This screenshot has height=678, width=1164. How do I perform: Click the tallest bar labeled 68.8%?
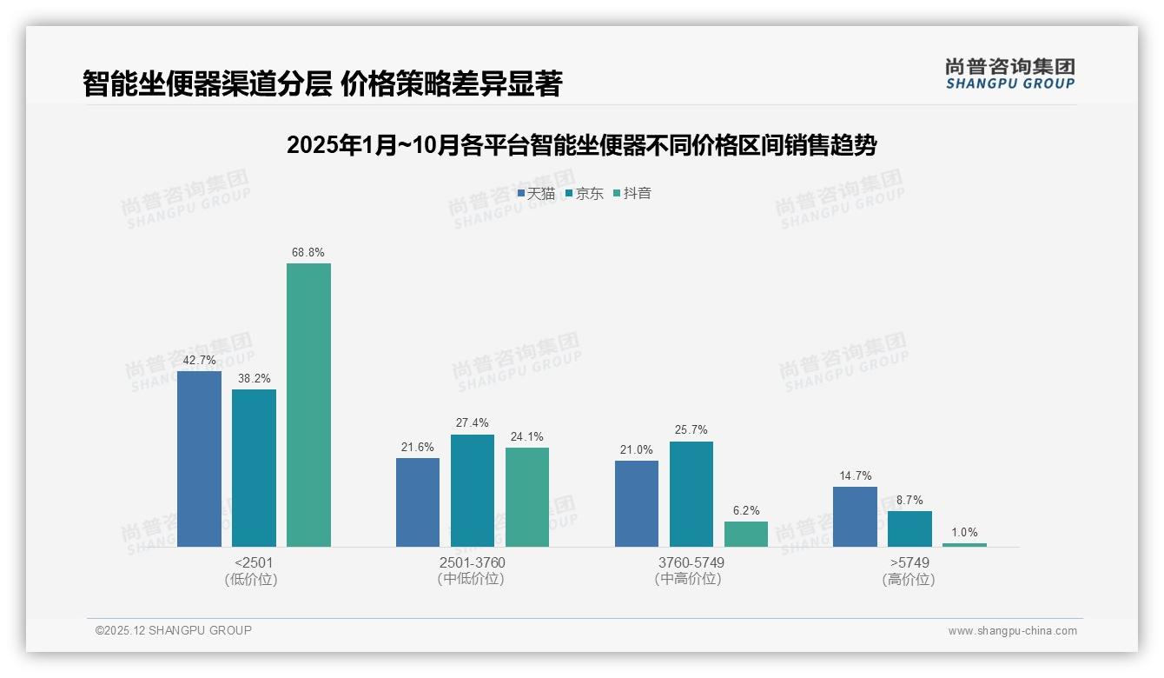point(308,404)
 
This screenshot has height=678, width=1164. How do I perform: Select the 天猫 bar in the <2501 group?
point(199,458)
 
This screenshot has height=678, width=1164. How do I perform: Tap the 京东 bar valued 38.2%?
point(254,468)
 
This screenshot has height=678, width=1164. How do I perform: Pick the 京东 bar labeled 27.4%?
point(473,490)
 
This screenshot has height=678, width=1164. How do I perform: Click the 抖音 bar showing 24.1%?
point(527,496)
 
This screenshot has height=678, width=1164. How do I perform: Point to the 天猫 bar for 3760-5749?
point(636,503)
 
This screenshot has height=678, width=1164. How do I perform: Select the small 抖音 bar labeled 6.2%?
point(745,534)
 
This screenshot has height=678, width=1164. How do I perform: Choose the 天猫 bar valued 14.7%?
point(855,516)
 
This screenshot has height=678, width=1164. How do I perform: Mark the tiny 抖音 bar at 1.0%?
point(964,545)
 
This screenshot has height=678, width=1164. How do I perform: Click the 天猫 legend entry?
point(536,193)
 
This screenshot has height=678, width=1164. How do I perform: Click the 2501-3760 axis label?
point(473,562)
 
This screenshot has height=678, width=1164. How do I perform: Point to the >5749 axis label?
point(909,562)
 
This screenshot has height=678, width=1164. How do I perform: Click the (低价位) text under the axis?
point(252,580)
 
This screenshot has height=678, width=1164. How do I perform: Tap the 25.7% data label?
point(691,429)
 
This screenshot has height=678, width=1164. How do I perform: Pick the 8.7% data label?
point(909,500)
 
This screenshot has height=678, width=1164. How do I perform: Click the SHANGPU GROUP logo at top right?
point(1009,74)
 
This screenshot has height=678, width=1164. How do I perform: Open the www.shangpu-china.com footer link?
point(1012,631)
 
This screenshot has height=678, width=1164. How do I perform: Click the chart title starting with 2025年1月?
point(581,145)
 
